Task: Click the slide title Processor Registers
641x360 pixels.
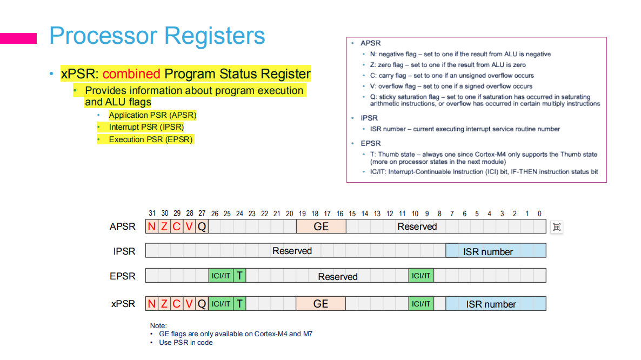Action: tap(157, 36)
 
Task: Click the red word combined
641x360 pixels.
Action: tap(131, 74)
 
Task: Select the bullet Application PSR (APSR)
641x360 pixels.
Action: tap(152, 115)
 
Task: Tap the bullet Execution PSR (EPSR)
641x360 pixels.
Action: tap(151, 139)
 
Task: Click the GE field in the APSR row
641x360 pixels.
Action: tap(321, 226)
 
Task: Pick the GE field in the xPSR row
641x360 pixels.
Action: tap(321, 304)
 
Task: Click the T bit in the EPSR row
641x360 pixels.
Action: tap(239, 276)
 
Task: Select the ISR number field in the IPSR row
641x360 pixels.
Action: tap(488, 251)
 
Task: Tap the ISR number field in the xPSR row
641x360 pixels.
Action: tap(491, 304)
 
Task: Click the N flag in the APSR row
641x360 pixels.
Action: tap(152, 226)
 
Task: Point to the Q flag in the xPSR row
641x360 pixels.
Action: tap(202, 304)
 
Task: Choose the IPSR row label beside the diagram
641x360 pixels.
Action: tap(124, 251)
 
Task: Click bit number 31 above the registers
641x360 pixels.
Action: tap(152, 214)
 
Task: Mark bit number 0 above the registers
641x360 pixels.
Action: tap(539, 214)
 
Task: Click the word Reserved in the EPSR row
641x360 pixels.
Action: tap(338, 276)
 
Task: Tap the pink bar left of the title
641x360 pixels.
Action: tap(18, 38)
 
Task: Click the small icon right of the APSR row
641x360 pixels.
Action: tap(557, 227)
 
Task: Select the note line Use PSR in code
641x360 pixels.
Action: tap(185, 342)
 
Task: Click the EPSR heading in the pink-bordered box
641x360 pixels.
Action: tap(371, 143)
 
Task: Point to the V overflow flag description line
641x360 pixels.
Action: tap(451, 86)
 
